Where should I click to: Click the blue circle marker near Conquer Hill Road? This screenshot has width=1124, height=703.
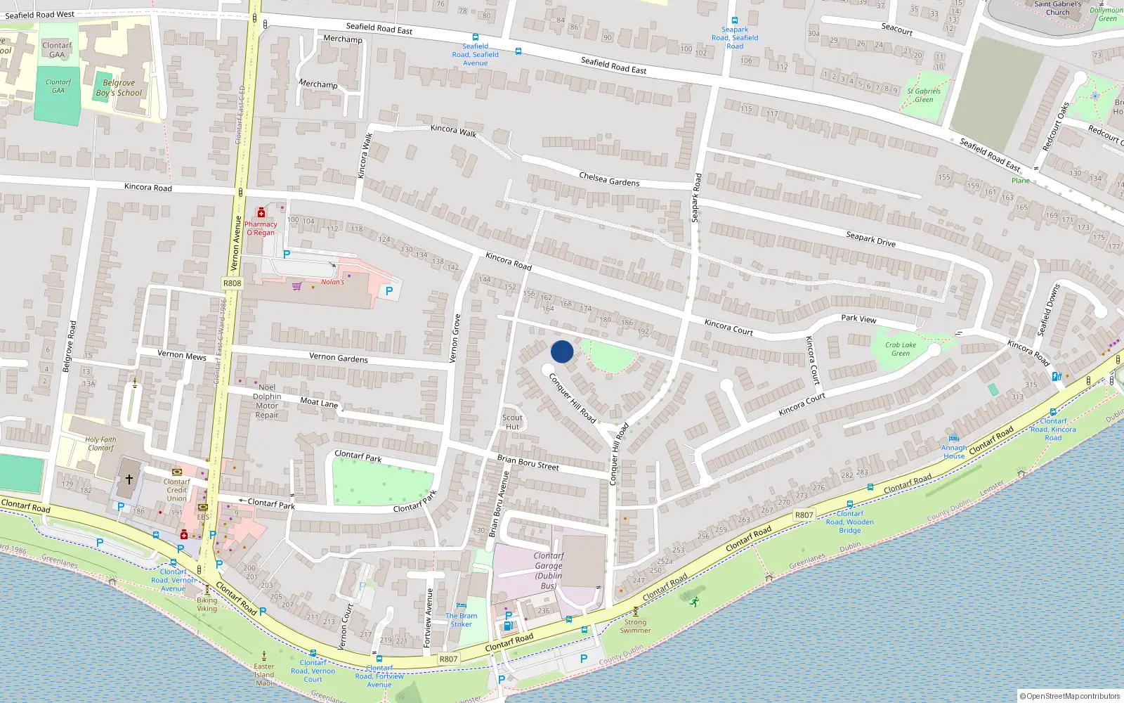click(x=562, y=351)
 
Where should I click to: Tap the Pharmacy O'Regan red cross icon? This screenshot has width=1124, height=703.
click(x=261, y=213)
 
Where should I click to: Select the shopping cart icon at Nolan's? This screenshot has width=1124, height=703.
click(x=297, y=286)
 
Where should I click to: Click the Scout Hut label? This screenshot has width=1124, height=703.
click(x=512, y=422)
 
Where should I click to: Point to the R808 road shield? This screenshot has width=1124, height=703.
click(x=232, y=283)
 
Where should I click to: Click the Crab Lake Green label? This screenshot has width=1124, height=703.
click(x=901, y=349)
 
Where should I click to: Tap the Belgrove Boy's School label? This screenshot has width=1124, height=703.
click(x=119, y=88)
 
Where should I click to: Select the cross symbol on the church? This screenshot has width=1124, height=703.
click(x=129, y=479)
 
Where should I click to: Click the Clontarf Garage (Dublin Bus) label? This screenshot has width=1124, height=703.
click(x=549, y=570)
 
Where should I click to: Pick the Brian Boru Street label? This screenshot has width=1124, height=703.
click(x=528, y=463)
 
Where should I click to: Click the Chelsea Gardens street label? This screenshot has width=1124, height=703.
click(x=609, y=179)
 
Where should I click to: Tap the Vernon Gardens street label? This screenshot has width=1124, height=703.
click(x=339, y=358)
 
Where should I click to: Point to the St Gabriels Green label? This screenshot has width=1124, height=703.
click(x=924, y=95)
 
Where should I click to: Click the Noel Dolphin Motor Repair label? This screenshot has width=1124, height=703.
click(x=267, y=401)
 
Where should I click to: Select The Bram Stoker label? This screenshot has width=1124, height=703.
click(x=461, y=619)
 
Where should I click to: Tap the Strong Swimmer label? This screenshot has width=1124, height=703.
click(x=635, y=626)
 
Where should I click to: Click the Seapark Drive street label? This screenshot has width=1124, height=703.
click(x=870, y=239)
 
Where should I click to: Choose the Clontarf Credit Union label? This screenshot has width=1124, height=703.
click(x=177, y=490)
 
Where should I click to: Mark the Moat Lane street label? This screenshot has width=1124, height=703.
click(x=319, y=402)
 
